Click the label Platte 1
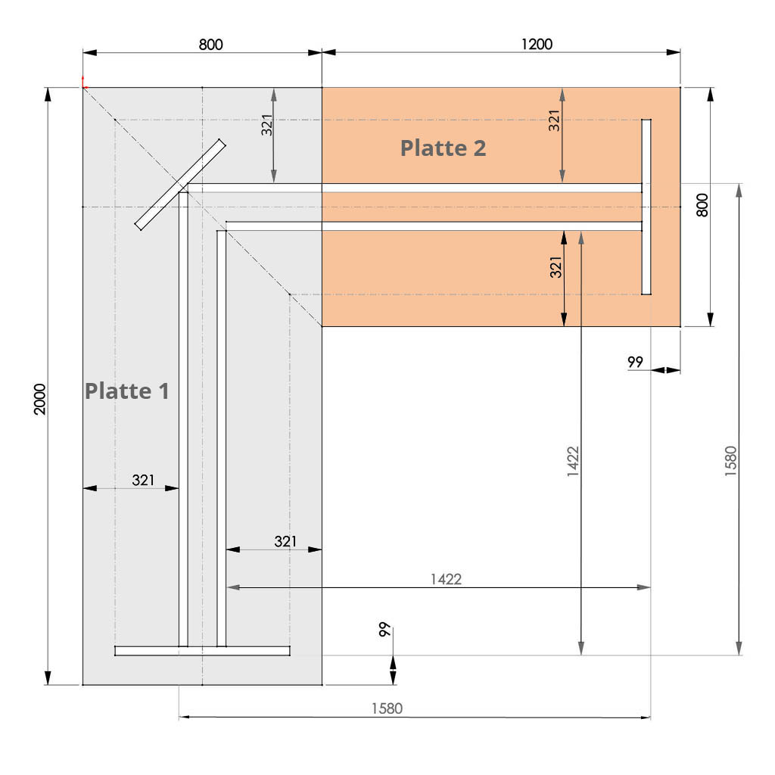tap(127, 391)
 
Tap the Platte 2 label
tap(443, 148)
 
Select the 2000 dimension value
tap(39, 399)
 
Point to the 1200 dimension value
tap(537, 44)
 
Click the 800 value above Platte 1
tap(210, 45)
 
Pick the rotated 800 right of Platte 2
tap(702, 205)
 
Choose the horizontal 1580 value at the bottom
tap(387, 708)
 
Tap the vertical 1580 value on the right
tap(730, 461)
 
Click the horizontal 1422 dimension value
tap(446, 579)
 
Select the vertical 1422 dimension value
tap(573, 462)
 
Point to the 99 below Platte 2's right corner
tap(635, 362)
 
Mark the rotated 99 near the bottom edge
tap(384, 629)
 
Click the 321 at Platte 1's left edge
tap(143, 480)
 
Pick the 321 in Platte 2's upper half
tap(554, 120)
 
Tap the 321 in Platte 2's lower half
tap(556, 267)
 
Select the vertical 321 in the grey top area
tap(267, 125)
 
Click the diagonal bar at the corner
tap(180, 185)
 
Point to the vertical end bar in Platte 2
tap(646, 207)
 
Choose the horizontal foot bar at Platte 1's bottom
tap(202, 651)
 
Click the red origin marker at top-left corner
tap(83, 84)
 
